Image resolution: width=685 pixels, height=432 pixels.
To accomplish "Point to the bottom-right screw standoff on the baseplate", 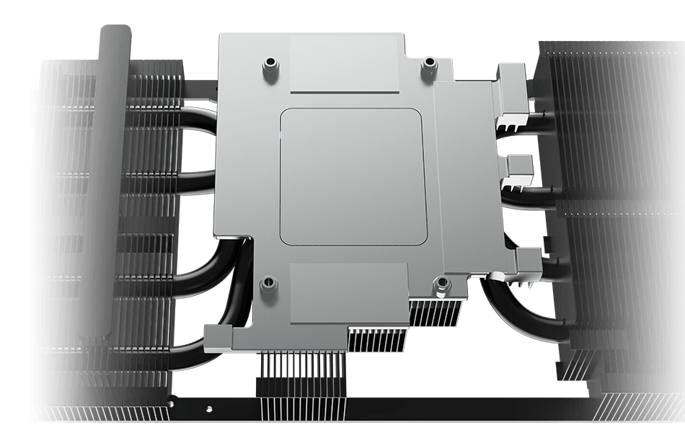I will pyautogui.click(x=438, y=287).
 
